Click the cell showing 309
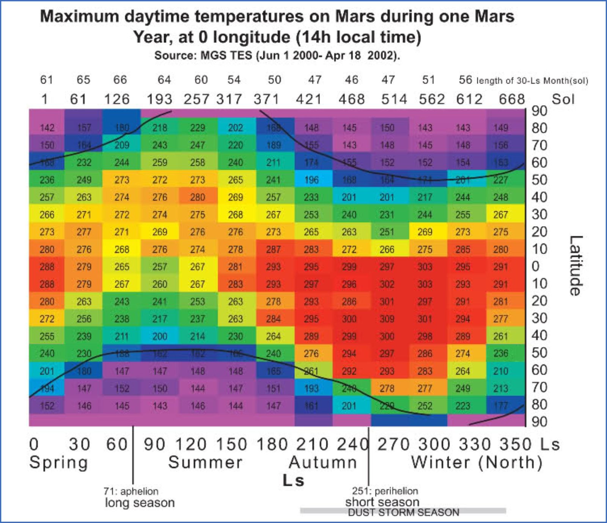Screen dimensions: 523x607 click(387, 319)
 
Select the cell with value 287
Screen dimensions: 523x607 click(273, 249)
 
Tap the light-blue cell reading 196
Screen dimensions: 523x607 click(311, 180)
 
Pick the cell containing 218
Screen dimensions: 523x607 click(160, 128)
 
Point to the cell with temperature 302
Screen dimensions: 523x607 click(387, 284)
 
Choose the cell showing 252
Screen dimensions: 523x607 click(425, 406)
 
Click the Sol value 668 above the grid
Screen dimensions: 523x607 click(511, 99)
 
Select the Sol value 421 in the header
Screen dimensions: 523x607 click(308, 99)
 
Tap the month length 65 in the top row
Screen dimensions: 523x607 click(83, 80)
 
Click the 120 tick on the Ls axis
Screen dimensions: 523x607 click(191, 444)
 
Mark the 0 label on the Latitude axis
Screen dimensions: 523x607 click(535, 266)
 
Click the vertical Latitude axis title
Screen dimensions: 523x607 click(576, 265)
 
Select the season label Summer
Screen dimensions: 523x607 click(205, 462)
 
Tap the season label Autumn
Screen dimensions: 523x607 click(323, 462)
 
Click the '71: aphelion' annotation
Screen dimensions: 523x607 click(131, 491)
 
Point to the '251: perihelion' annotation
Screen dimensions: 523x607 click(385, 491)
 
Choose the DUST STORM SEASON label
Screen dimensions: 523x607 click(403, 512)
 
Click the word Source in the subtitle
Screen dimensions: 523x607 click(175, 56)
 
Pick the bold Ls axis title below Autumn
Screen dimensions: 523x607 click(293, 481)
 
